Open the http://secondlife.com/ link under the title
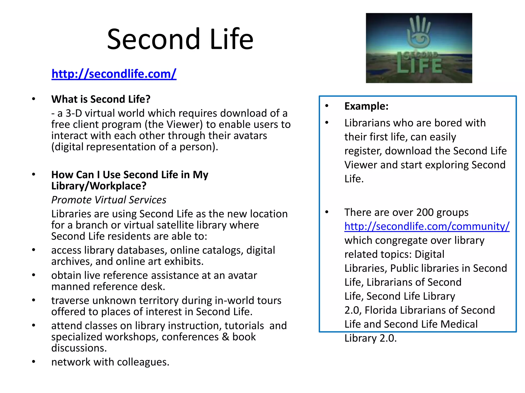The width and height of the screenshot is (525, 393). click(114, 74)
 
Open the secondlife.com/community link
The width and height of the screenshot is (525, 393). click(427, 226)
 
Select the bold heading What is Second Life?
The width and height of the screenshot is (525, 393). click(101, 99)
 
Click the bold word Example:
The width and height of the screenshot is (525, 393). click(366, 106)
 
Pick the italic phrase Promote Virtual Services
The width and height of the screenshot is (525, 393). click(109, 200)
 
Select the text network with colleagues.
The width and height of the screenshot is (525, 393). click(110, 362)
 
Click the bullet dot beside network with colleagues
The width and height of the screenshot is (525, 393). click(33, 362)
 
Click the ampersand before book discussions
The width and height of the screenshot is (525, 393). click(225, 337)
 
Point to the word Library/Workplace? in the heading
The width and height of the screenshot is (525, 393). click(99, 186)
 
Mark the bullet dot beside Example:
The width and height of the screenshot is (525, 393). click(327, 106)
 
